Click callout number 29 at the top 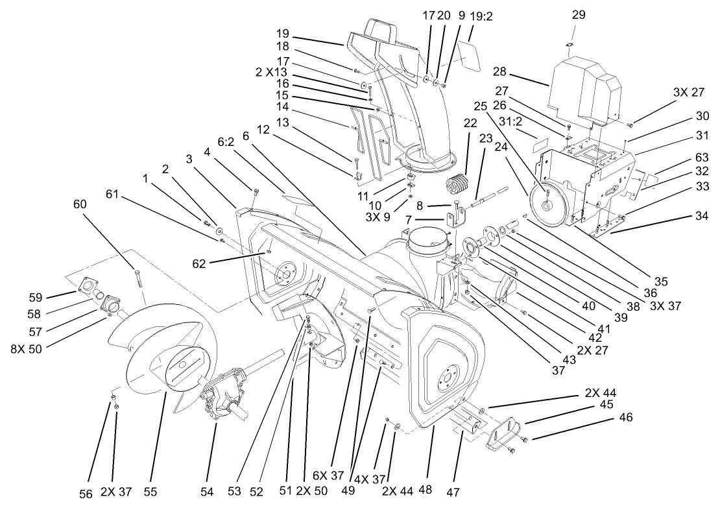click(579, 14)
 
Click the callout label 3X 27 click(688, 93)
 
